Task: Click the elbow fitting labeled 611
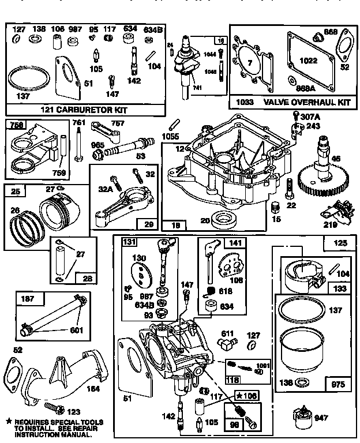tap(225, 344)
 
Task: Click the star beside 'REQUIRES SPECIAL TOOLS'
tap(9, 422)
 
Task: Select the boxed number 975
tap(337, 384)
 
